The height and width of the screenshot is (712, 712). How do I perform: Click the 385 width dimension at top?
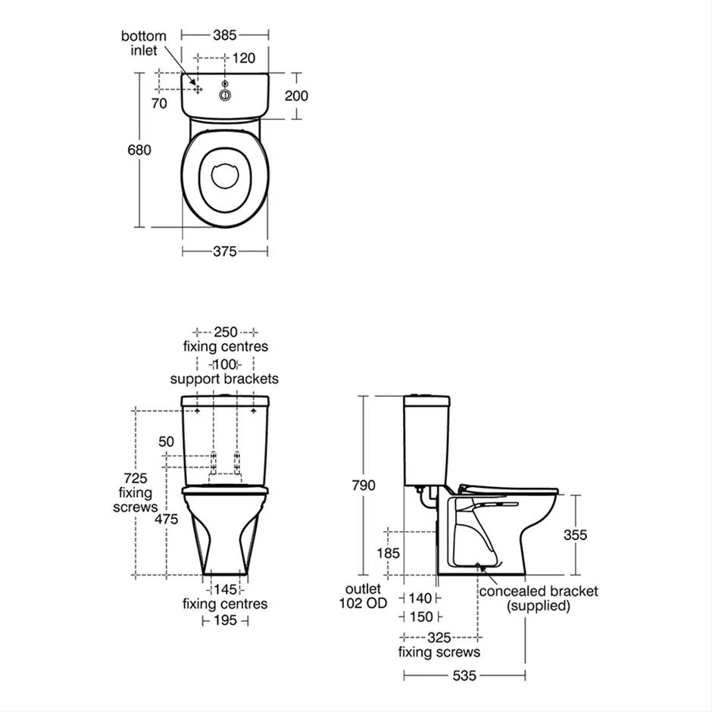225,35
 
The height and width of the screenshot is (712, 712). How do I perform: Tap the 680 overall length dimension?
139,150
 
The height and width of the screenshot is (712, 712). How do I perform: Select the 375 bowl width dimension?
225,251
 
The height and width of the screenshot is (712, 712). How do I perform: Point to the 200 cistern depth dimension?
295,95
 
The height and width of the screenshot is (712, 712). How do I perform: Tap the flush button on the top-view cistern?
224,95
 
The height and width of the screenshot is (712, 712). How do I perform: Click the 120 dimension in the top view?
243,58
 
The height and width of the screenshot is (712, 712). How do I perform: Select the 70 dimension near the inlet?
159,104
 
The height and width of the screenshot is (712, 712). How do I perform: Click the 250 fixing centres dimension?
225,332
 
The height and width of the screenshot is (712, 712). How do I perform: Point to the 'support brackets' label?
224,379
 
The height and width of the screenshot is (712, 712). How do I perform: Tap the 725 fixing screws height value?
137,479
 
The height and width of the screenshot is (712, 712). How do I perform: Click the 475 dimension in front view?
166,520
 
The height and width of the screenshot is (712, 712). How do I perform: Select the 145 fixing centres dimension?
225,589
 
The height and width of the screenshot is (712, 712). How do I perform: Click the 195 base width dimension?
225,620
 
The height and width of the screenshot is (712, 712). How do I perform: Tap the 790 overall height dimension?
363,486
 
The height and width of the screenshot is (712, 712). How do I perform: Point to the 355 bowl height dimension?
575,535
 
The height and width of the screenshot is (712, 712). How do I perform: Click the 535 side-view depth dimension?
464,676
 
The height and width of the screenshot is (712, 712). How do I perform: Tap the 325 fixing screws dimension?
439,639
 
